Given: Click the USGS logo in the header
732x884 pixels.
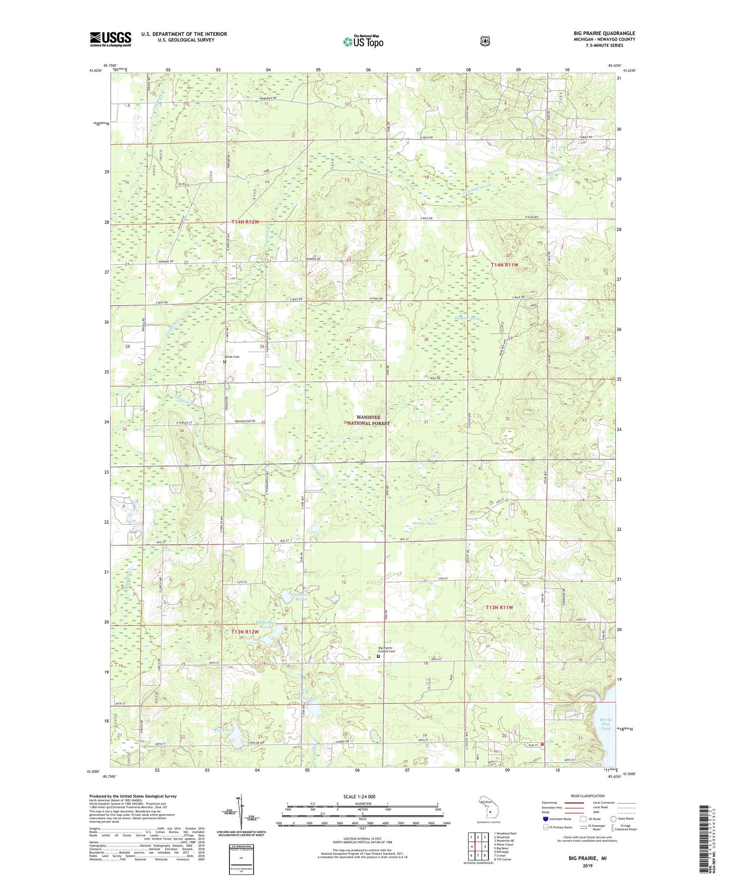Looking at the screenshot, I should pos(110,39).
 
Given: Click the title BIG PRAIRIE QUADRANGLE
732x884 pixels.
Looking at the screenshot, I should pos(604,34).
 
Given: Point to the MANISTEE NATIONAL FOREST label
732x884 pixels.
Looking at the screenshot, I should pos(373,420).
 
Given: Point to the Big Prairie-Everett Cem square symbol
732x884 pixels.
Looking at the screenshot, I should pos(378,656).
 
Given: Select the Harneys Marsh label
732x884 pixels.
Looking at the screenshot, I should pos(424,523).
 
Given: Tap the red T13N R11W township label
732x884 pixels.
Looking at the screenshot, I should pos(500,608).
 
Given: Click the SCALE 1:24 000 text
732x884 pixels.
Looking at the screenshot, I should pos(359,796).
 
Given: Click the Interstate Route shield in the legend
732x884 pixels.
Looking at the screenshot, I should pos(545,819).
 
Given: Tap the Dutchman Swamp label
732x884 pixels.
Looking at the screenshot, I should pos(468,318).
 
